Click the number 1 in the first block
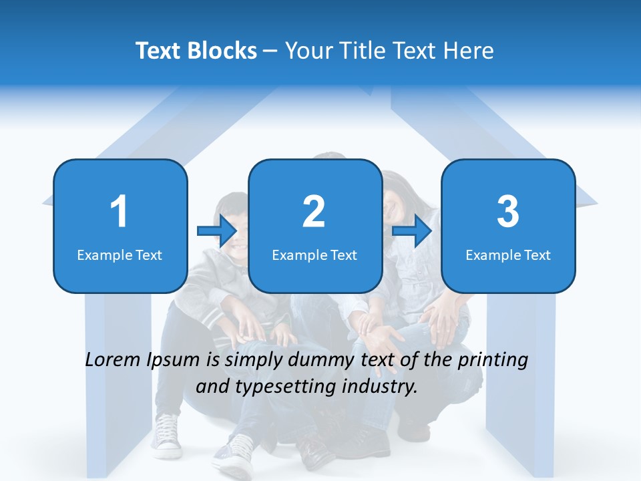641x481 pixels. (119, 212)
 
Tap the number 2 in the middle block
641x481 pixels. (314, 212)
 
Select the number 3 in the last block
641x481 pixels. (507, 212)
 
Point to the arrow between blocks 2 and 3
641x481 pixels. (412, 231)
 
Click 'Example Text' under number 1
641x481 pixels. (120, 255)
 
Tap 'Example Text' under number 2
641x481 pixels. (314, 255)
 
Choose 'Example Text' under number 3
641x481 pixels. (508, 255)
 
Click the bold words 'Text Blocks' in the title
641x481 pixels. (196, 51)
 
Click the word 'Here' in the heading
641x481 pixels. (470, 51)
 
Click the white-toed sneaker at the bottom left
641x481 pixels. (166, 434)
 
